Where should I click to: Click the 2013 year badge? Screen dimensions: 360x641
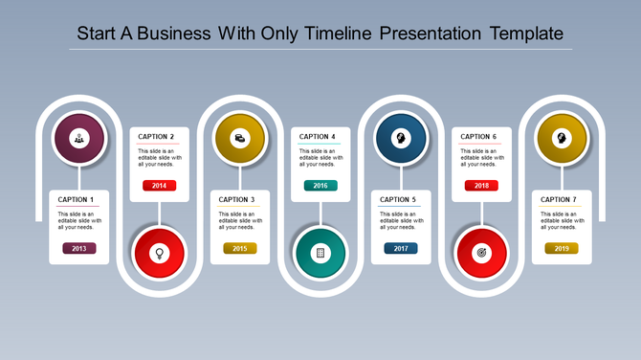tap(78, 248)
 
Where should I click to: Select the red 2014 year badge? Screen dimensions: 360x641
tap(159, 186)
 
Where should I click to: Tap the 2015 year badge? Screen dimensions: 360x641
tap(240, 248)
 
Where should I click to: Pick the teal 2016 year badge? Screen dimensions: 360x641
tap(320, 186)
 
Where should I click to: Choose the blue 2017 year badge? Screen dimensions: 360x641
tap(401, 248)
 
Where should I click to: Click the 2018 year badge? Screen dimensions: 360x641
tap(481, 186)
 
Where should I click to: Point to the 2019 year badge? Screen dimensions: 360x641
tap(562, 248)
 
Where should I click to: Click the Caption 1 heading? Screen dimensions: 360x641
tap(77, 199)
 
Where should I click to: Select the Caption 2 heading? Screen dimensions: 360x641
tap(156, 137)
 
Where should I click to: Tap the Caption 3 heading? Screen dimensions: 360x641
tap(237, 199)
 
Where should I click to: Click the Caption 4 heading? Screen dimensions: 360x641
tap(318, 137)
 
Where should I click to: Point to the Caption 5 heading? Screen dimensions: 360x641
tap(398, 199)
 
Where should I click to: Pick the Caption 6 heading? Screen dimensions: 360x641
tap(478, 137)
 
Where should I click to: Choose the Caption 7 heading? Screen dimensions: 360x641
tap(559, 199)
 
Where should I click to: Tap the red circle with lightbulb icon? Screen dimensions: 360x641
tap(159, 253)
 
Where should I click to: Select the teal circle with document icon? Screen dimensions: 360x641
tap(320, 253)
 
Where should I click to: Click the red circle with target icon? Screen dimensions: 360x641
tap(481, 253)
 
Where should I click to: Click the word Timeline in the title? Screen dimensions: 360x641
tap(339, 34)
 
